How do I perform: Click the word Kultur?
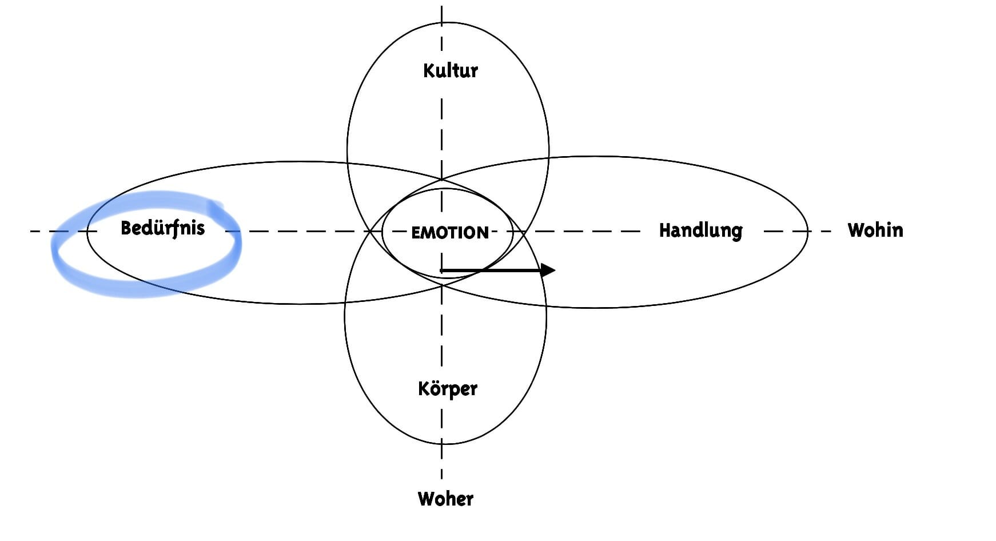pos(450,70)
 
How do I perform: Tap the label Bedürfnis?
pos(162,228)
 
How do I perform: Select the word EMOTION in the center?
pos(450,233)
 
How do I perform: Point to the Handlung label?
pos(700,230)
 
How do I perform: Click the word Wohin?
pos(875,230)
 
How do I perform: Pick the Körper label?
pos(448,389)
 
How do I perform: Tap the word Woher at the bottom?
pos(445,499)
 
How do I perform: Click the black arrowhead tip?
pos(555,270)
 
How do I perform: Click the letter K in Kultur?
pos(429,70)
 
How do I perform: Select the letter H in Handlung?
pos(665,230)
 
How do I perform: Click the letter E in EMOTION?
pos(416,233)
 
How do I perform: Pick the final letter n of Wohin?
pos(898,232)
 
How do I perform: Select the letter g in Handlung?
pos(736,233)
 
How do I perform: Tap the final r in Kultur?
pos(473,73)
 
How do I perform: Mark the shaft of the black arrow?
pos(491,270)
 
